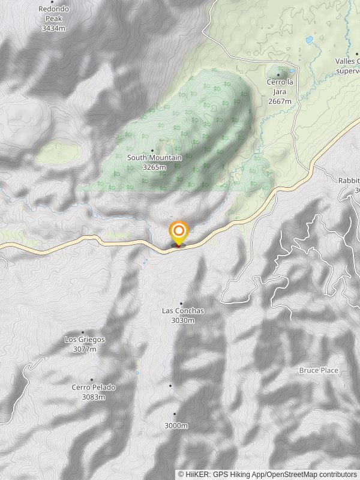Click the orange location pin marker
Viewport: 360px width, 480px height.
[x=178, y=232]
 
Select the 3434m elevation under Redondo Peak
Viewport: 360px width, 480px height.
[x=53, y=28]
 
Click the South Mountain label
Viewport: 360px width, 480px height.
[x=154, y=158]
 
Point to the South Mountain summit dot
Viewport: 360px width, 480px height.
[x=152, y=150]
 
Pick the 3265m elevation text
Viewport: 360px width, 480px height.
[x=154, y=167]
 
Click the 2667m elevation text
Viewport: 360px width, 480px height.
[x=280, y=101]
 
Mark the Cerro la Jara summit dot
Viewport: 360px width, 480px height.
[x=278, y=75]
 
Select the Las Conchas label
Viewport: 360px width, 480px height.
[x=183, y=311]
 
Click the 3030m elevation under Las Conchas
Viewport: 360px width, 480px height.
[x=183, y=320]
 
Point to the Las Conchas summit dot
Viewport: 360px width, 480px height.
[x=181, y=304]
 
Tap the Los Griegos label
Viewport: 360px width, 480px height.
[x=85, y=340]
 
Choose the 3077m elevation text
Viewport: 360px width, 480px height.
[x=85, y=349]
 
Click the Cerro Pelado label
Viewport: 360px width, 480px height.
[x=94, y=388]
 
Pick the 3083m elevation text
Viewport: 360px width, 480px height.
[x=94, y=397]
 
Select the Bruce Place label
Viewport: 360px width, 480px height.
[x=319, y=370]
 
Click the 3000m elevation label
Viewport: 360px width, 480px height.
[x=176, y=426]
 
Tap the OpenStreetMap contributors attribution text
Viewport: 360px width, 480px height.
[x=311, y=474]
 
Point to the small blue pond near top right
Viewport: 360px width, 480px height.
[x=309, y=40]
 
